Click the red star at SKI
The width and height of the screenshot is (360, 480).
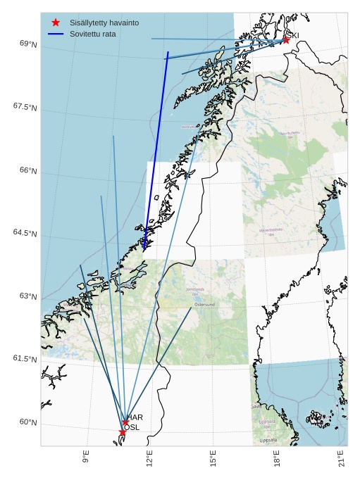point(285,40)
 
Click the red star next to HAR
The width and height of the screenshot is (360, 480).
point(125,423)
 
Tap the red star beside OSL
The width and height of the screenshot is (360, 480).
point(122,432)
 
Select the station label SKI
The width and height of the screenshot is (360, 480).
point(292,35)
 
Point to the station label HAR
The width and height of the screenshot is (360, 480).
point(135,417)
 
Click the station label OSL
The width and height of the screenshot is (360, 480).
point(132,427)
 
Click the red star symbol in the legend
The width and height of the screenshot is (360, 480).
point(56,23)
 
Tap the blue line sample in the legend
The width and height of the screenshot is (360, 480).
point(56,34)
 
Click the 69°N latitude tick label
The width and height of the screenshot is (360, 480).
point(28,44)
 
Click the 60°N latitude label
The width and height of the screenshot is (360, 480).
point(28,422)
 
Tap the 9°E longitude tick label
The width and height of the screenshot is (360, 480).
point(86,457)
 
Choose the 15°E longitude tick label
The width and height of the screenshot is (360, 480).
point(213,458)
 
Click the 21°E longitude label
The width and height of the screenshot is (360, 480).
point(342,458)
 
